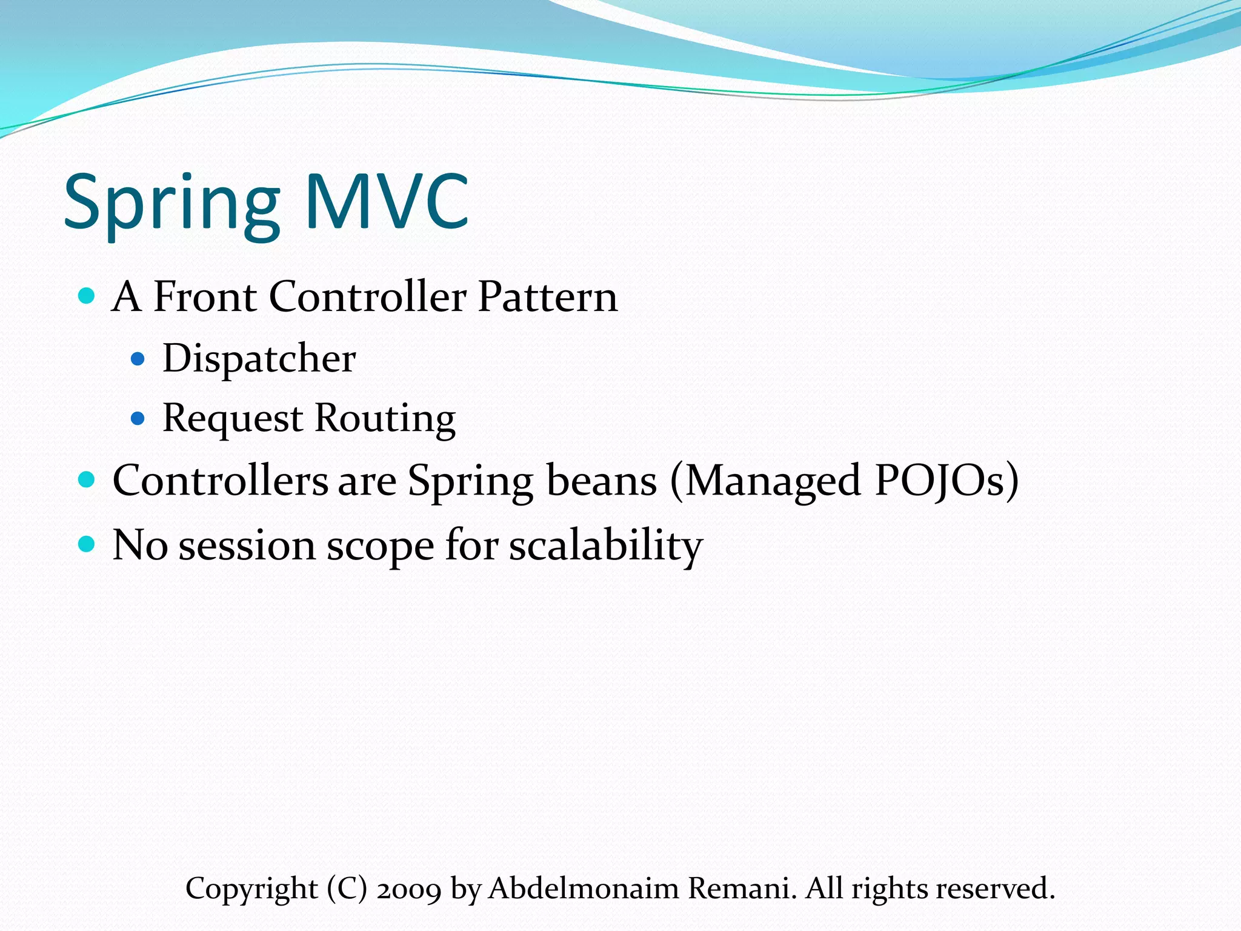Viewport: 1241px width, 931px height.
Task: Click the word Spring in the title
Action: click(x=171, y=203)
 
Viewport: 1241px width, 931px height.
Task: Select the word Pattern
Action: click(x=548, y=297)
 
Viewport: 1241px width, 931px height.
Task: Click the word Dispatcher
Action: click(x=259, y=359)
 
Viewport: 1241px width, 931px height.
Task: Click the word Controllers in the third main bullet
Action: click(x=220, y=481)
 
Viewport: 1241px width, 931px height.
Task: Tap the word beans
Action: click(x=601, y=481)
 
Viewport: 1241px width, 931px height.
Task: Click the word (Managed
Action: click(x=765, y=481)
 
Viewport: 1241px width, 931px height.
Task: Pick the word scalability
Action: click(x=605, y=546)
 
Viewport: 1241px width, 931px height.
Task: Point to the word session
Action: click(x=247, y=546)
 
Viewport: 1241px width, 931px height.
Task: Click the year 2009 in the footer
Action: click(x=409, y=889)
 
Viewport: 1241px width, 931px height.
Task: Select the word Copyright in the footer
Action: click(x=251, y=889)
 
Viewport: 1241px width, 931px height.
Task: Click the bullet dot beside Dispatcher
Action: click(x=138, y=359)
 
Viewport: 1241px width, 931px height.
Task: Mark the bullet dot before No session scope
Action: click(x=87, y=543)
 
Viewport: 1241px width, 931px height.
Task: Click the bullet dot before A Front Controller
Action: click(x=87, y=296)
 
